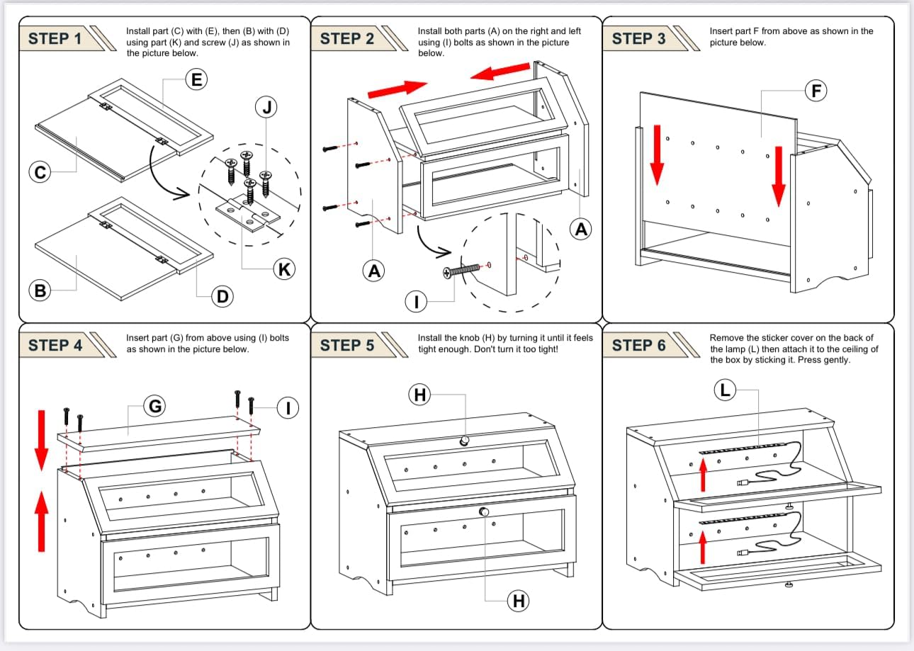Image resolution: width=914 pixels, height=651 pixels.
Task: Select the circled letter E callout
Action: tap(196, 79)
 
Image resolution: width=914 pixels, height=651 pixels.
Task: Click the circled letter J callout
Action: tap(266, 107)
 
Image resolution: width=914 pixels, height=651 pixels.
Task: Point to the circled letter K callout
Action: tap(284, 269)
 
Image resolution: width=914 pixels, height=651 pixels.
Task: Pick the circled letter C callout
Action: tap(40, 171)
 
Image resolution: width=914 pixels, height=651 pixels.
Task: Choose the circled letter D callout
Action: tap(222, 297)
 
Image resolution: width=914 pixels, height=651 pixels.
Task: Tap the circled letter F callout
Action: tap(816, 91)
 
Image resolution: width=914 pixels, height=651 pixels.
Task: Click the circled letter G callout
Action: tap(154, 406)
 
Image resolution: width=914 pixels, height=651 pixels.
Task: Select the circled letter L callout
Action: tap(725, 390)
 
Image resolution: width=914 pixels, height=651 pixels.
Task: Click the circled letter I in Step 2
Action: tap(416, 302)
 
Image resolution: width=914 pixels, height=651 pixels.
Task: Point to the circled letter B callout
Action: tap(40, 291)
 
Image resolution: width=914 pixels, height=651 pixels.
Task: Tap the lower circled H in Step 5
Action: tap(518, 601)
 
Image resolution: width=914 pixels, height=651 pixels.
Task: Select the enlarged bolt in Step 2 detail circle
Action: tap(461, 271)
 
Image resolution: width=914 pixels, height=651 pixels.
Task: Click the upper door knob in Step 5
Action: tap(464, 441)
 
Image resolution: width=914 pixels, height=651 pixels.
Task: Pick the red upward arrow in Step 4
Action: tap(41, 521)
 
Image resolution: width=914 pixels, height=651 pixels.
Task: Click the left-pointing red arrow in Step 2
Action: tap(500, 71)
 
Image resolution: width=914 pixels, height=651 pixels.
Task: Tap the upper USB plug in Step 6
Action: tap(743, 483)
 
